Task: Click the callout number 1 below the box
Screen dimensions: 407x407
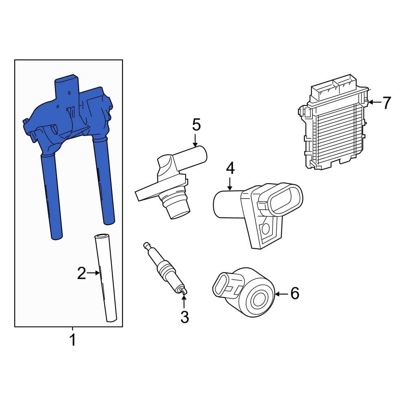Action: tap(72, 340)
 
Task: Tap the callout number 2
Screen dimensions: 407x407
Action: tap(81, 274)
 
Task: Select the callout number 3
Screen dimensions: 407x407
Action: tap(185, 317)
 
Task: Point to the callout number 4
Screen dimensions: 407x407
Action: tap(230, 168)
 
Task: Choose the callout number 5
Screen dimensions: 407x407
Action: tap(196, 125)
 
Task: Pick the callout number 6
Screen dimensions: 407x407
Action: tap(295, 293)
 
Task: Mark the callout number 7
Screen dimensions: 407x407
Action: tap(386, 103)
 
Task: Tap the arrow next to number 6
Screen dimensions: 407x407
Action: tap(281, 293)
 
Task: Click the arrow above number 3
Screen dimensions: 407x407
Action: tap(184, 301)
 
